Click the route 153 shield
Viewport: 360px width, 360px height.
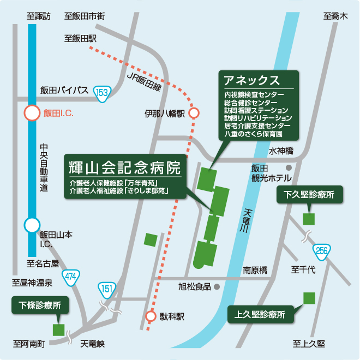102,93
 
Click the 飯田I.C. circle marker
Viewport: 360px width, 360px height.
32,113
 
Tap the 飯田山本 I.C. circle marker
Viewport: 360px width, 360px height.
32,225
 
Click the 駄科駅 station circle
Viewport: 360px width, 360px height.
151,316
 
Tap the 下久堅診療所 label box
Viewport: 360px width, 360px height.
309,194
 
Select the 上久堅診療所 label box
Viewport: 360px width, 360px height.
260,314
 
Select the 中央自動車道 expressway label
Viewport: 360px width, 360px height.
44,167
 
